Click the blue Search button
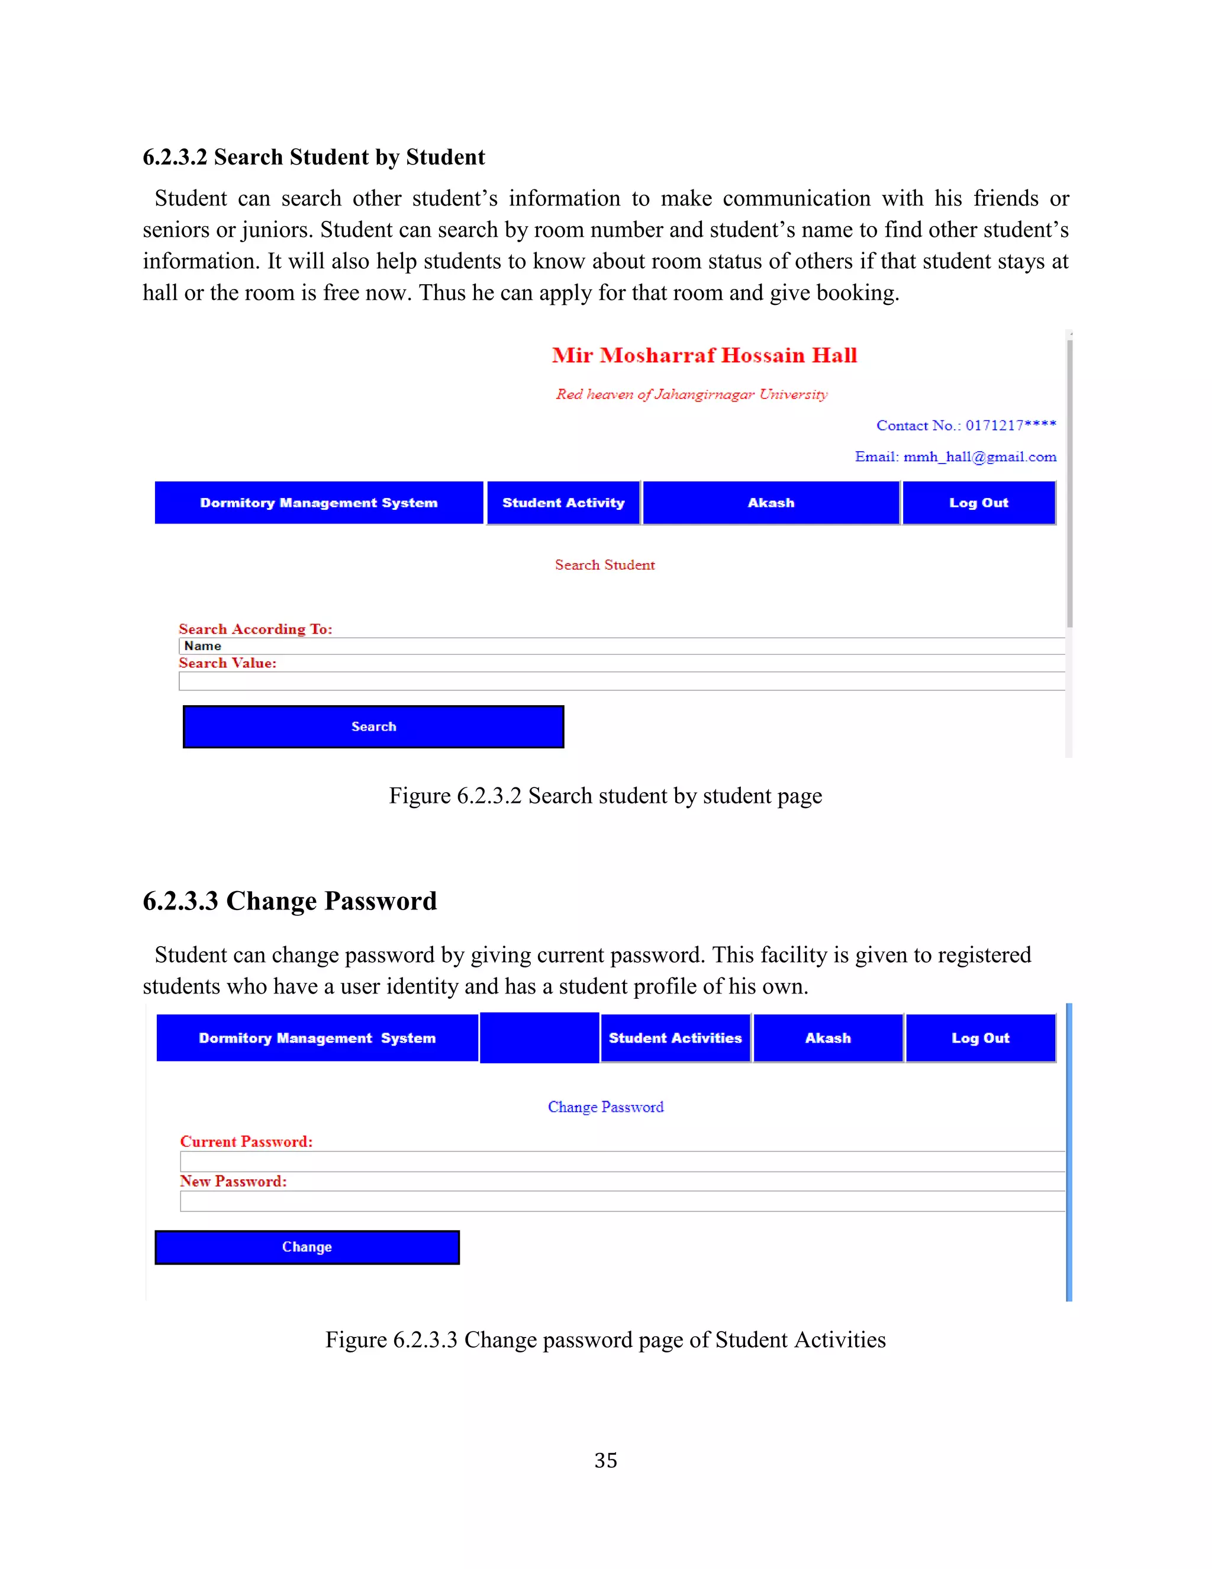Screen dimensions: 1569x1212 [373, 726]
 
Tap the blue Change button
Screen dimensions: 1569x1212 [307, 1246]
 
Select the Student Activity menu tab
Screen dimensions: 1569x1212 [563, 503]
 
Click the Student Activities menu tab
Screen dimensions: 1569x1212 [675, 1037]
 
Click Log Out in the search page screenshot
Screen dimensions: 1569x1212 [979, 503]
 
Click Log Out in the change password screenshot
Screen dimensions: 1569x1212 [980, 1037]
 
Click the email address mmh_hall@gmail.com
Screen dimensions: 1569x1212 [979, 457]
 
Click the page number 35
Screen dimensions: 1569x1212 [605, 1461]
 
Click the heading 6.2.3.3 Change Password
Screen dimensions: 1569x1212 [289, 901]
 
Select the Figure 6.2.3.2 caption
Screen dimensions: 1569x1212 [605, 796]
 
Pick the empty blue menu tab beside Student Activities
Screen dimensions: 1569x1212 [539, 1037]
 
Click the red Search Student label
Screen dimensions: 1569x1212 [605, 565]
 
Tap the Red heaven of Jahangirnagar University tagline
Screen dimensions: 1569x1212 [691, 394]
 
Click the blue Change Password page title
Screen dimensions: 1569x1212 [605, 1107]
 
